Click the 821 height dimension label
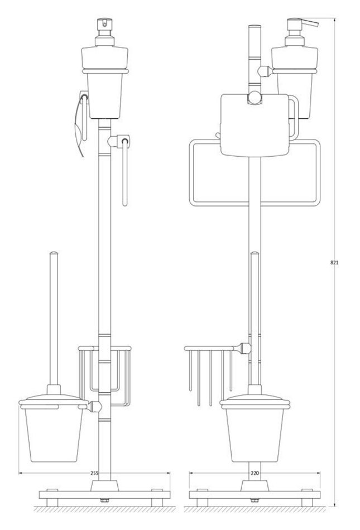coord(334,262)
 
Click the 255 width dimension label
coord(95,473)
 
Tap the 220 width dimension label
coord(255,473)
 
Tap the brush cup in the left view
coord(54,435)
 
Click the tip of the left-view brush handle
coord(54,252)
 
